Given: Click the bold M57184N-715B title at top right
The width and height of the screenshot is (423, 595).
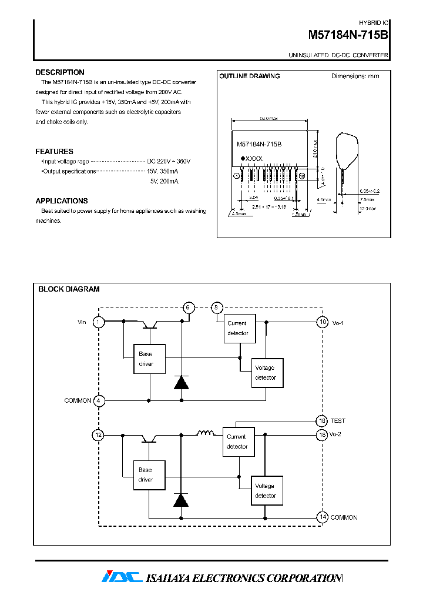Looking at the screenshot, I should point(348,35).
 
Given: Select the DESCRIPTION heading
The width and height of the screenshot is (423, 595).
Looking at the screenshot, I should point(60,72).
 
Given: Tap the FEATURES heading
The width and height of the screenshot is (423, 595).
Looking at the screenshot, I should point(54,151).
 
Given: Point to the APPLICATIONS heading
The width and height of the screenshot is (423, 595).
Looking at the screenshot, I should point(62,200).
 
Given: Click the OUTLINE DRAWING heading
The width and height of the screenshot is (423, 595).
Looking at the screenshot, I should point(250,76).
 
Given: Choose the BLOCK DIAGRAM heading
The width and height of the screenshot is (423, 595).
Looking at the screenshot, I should point(69,289).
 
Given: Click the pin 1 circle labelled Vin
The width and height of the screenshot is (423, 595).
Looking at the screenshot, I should point(99,322).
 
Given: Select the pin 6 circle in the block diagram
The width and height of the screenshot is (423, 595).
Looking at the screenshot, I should point(188,307).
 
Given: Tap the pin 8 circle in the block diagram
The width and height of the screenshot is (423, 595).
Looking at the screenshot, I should point(217,307).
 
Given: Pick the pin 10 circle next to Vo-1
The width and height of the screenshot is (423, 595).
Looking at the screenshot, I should point(322,322).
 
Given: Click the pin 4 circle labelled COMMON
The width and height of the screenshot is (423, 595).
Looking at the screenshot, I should point(99,400).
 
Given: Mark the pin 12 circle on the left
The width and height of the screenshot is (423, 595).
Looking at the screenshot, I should point(99,435).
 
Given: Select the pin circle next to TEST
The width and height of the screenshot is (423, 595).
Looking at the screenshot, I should point(322,421).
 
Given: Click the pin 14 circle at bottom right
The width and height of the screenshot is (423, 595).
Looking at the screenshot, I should point(322,517).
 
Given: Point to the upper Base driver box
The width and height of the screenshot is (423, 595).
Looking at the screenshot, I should point(149,359).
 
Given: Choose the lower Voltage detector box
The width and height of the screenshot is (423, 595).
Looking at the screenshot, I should point(267,491).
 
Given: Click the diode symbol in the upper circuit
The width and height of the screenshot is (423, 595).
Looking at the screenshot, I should point(182,383).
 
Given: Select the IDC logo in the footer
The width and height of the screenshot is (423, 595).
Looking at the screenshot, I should point(122,577).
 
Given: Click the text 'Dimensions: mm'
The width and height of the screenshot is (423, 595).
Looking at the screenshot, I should point(355,76).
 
